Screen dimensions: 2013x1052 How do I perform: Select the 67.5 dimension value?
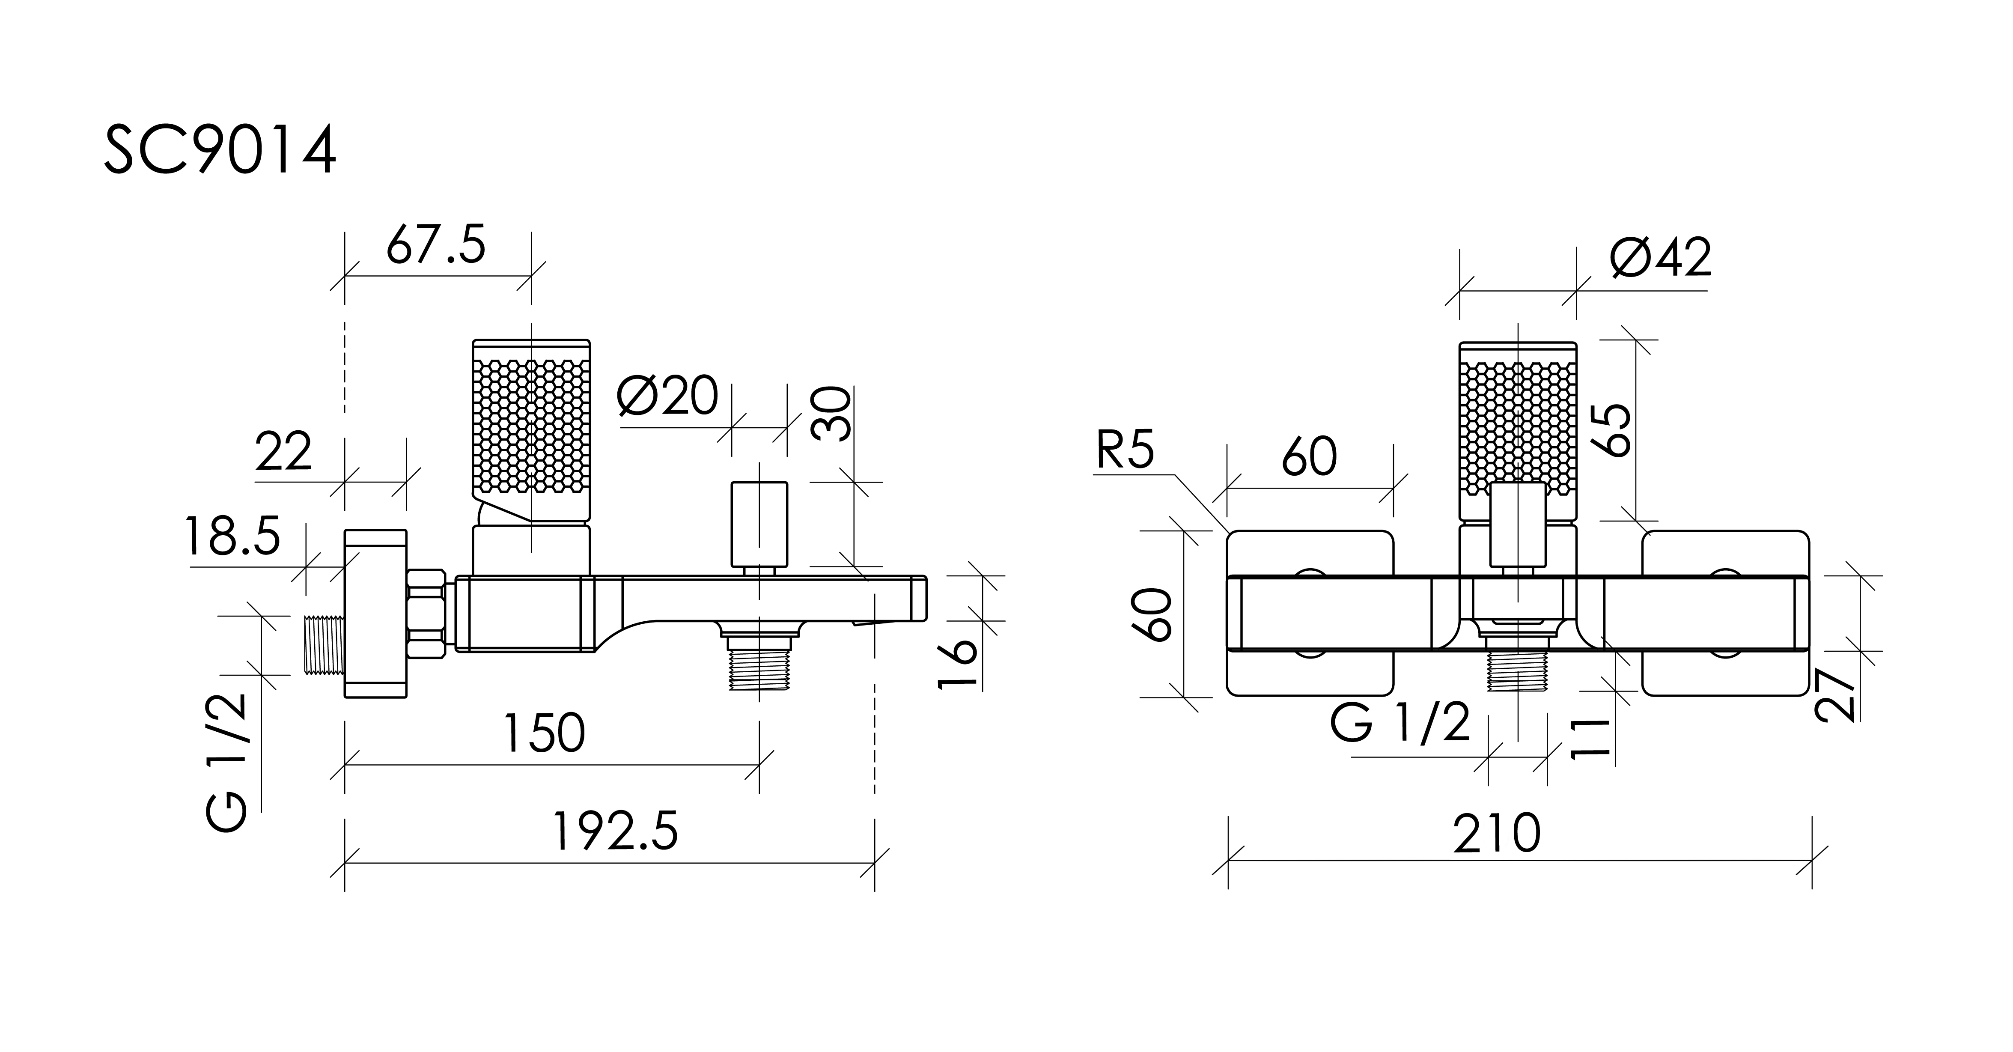click(x=436, y=244)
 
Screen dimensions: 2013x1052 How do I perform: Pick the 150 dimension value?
click(x=544, y=733)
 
